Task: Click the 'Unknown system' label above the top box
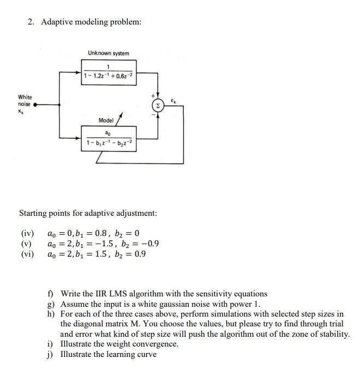pyautogui.click(x=109, y=53)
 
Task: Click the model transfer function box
pyautogui.click(x=109, y=138)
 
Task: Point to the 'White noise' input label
pyautogui.click(x=25, y=101)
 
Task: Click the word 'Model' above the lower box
pyautogui.click(x=106, y=120)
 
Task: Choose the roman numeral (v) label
pyautogui.click(x=26, y=244)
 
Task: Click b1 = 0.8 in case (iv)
pyautogui.click(x=87, y=234)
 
